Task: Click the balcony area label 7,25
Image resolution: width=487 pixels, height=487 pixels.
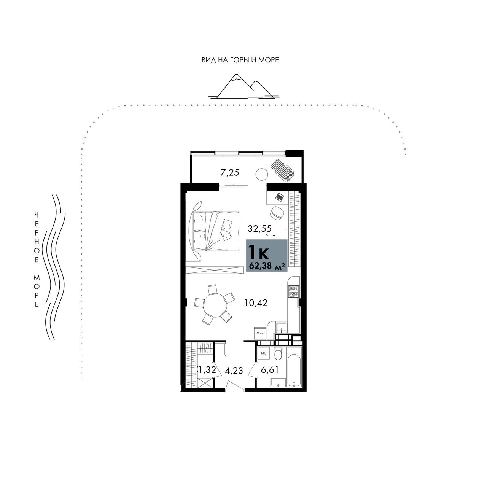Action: pos(229,173)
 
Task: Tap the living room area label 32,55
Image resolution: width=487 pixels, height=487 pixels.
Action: pos(259,229)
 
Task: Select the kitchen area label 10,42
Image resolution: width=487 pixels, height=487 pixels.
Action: pos(256,302)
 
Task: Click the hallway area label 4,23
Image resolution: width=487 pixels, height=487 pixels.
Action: pos(234,371)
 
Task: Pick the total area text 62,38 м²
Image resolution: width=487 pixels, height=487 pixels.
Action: pos(267,266)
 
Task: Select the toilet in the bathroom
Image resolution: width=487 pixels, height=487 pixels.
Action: pos(278,354)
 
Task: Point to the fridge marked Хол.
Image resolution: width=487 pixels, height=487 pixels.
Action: pos(260,333)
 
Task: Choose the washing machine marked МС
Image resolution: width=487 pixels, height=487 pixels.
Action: pos(264,353)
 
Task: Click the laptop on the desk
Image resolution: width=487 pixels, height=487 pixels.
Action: pos(279,197)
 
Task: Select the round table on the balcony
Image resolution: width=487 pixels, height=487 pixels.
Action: pos(261,174)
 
